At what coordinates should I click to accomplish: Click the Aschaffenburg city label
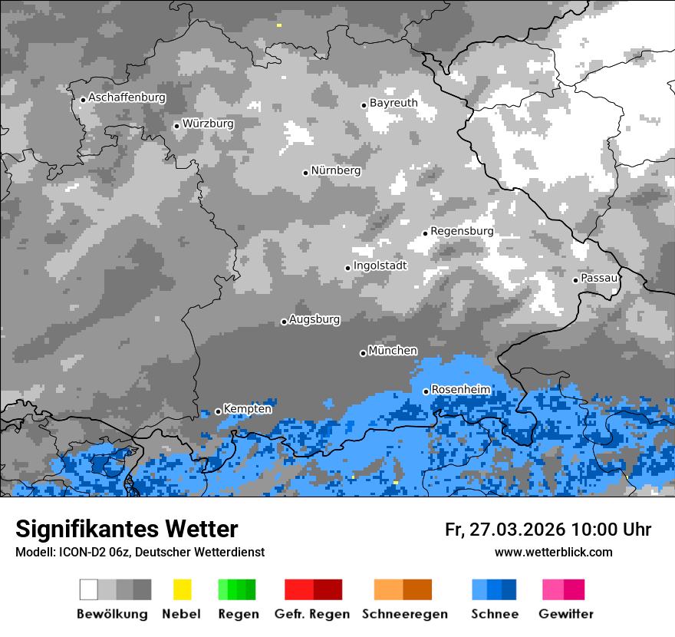127,97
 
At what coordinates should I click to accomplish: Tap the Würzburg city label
208,124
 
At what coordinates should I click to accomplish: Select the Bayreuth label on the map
393,103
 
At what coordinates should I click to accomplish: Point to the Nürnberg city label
335,170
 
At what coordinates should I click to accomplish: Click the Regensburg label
462,231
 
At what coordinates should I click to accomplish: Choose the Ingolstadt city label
380,266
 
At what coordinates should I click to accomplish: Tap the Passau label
599,278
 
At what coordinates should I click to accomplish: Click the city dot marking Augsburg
284,322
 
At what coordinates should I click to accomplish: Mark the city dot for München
363,353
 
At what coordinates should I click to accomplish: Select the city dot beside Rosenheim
426,391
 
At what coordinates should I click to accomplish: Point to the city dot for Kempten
218,411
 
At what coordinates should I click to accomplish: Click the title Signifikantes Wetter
127,529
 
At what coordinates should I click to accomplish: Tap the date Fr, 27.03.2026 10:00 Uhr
548,530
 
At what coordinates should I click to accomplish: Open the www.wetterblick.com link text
553,552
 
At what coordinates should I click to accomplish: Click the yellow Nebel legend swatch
182,589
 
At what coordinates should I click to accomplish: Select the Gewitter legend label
566,614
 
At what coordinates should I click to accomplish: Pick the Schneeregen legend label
405,614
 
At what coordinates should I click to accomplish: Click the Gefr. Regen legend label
312,614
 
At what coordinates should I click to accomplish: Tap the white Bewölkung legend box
89,589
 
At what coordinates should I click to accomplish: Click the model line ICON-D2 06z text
140,552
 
